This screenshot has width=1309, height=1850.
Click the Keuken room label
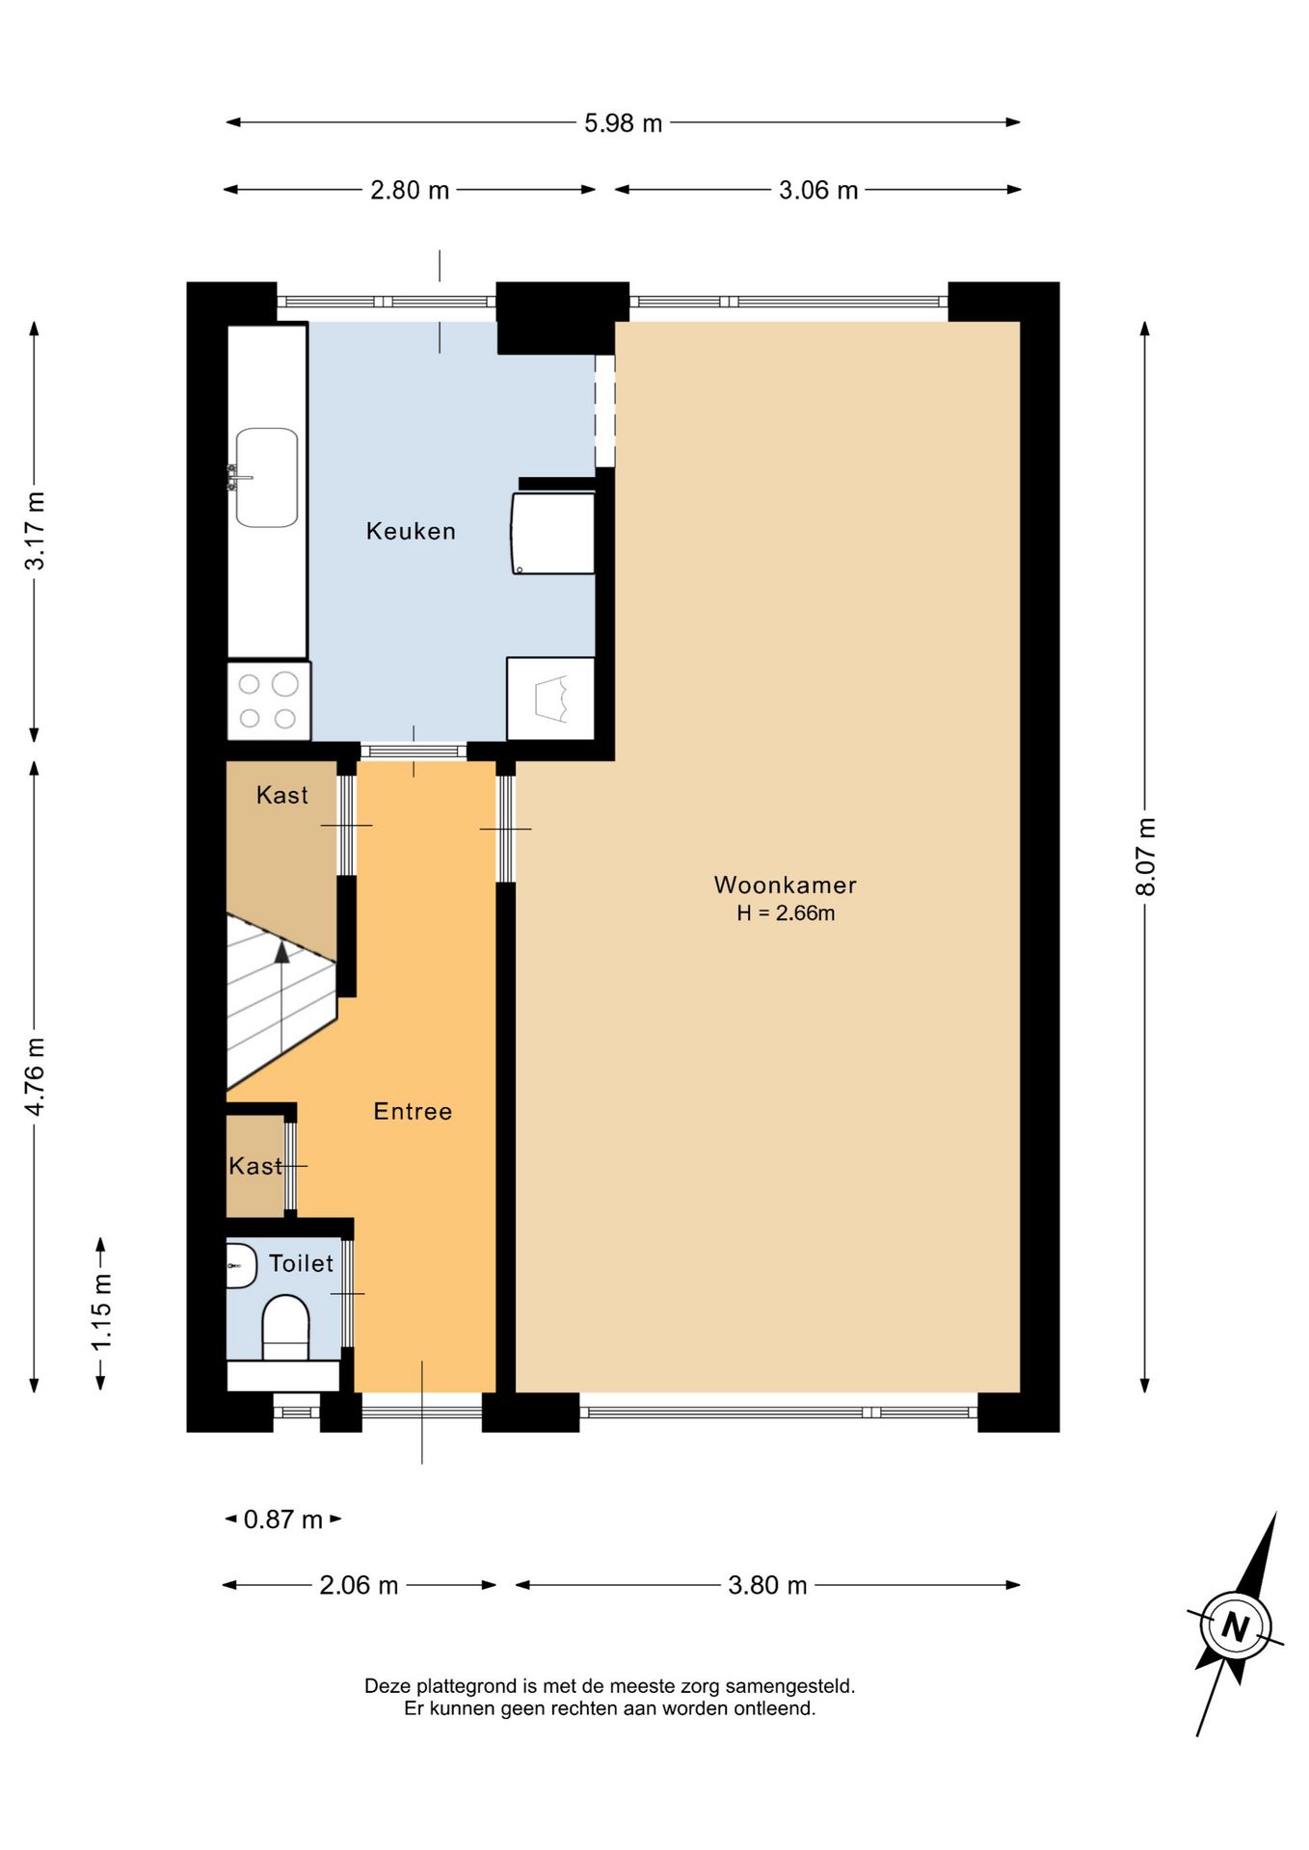[411, 531]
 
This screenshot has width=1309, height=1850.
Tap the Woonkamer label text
[785, 885]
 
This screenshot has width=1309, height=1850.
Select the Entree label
[413, 1111]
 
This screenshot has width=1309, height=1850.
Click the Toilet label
[301, 1263]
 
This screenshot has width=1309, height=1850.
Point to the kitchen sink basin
[267, 478]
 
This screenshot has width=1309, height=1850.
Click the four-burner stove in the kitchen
[268, 700]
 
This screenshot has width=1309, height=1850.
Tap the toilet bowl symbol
[285, 1328]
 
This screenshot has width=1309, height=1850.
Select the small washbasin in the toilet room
[241, 1265]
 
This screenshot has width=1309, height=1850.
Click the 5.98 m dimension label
[623, 123]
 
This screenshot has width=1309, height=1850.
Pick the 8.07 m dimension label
[1145, 857]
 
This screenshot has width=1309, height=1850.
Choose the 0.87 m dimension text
[282, 1520]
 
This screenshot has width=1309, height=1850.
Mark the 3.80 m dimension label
[767, 1585]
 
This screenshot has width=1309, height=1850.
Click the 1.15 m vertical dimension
[101, 1311]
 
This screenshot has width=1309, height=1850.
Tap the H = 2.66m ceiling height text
[786, 913]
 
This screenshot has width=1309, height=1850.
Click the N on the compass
[1235, 1626]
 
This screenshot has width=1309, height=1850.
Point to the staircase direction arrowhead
[281, 952]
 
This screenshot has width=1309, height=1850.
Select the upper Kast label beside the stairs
[281, 795]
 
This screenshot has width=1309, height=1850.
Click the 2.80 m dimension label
[410, 190]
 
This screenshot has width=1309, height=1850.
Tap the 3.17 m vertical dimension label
[35, 531]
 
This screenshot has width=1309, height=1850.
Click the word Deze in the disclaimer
[387, 1686]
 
